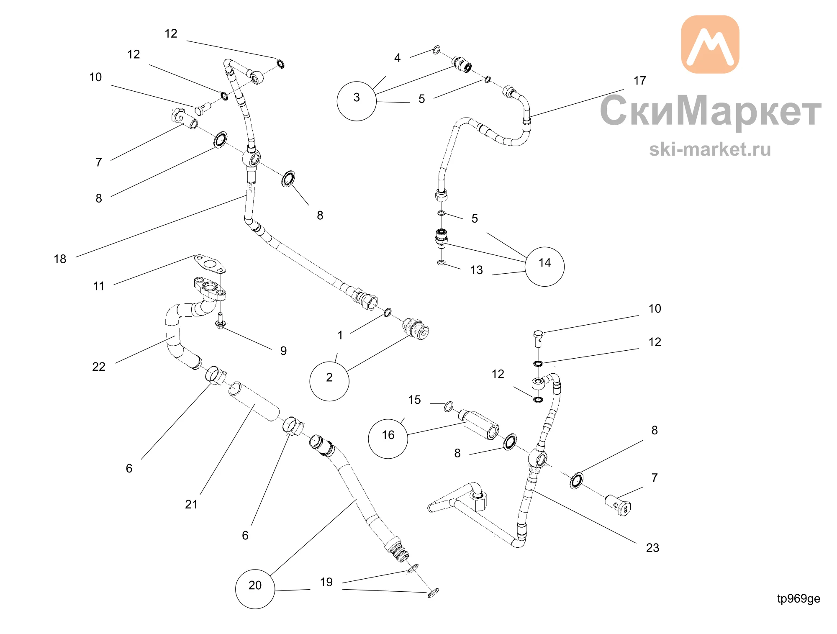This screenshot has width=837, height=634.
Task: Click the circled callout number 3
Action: coord(357,101)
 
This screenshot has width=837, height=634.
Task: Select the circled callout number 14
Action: coord(544,267)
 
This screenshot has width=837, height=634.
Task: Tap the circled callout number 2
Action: coord(329,381)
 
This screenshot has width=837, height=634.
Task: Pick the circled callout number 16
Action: coord(388,439)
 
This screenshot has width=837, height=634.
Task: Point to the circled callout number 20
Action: coord(255,589)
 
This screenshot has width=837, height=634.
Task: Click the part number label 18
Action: coord(60,259)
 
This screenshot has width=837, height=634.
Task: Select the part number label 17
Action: coord(640,80)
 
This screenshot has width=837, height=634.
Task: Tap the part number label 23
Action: coord(652,548)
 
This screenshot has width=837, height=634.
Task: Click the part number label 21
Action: coord(191,504)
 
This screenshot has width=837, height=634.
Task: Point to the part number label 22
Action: coord(99,367)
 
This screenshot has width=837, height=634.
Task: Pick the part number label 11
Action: coord(99,286)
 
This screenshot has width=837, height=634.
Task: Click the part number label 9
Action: coord(283,351)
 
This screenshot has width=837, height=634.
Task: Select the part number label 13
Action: coord(476,270)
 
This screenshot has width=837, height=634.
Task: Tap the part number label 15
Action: coord(414,400)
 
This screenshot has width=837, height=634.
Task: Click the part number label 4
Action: coord(397,58)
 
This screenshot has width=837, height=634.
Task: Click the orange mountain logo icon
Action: coord(710,44)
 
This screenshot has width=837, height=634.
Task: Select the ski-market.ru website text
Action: coord(710,149)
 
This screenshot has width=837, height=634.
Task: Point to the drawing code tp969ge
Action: coord(798,599)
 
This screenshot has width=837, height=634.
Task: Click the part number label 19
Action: coord(326,582)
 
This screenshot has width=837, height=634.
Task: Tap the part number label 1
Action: coord(340,335)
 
